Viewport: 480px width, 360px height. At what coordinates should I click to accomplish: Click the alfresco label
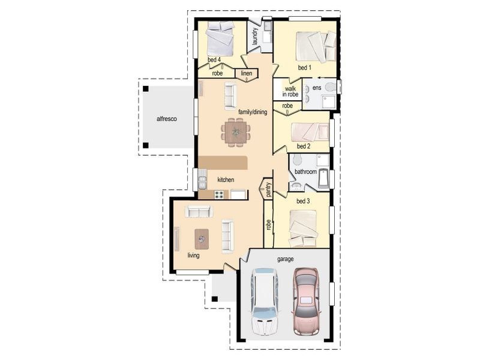tap(166, 119)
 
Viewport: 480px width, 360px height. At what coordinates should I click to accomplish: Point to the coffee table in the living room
tap(202, 239)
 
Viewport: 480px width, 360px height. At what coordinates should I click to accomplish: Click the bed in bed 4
tap(219, 39)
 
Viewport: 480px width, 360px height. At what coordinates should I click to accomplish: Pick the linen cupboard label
tap(246, 74)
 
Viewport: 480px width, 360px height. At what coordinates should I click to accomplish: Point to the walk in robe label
tap(291, 91)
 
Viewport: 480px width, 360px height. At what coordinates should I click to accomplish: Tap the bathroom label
tap(305, 172)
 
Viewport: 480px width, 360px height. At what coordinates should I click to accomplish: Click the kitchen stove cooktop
tap(220, 194)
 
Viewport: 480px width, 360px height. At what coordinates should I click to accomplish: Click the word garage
tap(285, 259)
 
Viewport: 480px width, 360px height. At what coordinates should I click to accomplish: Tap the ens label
tap(317, 88)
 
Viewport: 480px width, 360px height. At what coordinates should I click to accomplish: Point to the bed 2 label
tap(304, 146)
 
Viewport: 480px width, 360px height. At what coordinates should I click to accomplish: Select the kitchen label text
tap(226, 179)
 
